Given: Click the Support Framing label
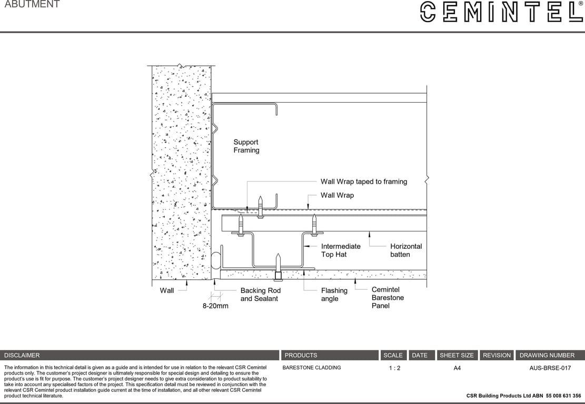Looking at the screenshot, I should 246,146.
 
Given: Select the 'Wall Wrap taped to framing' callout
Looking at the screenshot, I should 364,181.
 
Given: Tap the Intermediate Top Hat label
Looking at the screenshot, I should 341,250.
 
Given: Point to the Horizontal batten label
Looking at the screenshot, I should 405,250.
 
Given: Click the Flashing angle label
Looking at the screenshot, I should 334,295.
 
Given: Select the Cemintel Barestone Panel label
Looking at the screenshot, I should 388,298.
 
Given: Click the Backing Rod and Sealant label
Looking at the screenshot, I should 260,295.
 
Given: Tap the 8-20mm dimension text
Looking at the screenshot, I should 215,306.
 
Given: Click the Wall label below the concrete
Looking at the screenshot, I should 167,290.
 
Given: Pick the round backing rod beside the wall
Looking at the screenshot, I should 215,261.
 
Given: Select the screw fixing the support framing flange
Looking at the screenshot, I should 260,207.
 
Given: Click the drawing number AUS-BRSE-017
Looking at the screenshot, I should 550,368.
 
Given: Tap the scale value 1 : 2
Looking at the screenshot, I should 394,368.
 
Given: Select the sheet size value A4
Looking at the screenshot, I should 457,368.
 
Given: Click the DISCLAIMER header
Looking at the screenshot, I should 22,355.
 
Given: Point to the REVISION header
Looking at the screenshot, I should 497,355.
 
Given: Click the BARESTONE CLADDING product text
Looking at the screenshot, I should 312,368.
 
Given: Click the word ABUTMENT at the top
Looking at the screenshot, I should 32,5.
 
